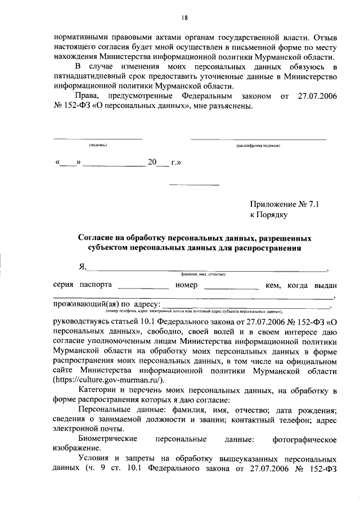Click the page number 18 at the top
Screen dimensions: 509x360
pyautogui.click(x=184, y=17)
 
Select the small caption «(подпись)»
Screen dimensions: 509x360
pyautogui.click(x=98, y=145)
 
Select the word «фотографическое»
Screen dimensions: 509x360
pyautogui.click(x=304, y=438)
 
